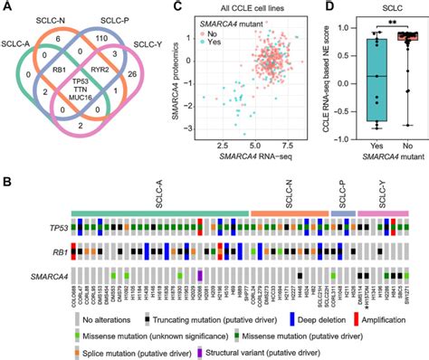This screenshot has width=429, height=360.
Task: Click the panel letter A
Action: point(7,8)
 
